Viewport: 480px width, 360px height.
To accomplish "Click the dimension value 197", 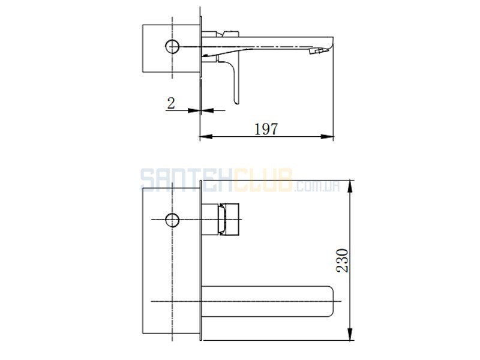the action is pyautogui.click(x=266, y=129).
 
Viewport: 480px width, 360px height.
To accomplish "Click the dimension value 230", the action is pyautogui.click(x=342, y=260).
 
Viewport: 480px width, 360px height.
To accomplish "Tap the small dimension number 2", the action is pyautogui.click(x=171, y=103).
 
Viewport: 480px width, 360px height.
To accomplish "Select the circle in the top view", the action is pyautogui.click(x=172, y=47).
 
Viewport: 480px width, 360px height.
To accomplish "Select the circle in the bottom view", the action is pyautogui.click(x=172, y=220).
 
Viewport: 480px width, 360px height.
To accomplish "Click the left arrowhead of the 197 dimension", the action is pyautogui.click(x=206, y=137).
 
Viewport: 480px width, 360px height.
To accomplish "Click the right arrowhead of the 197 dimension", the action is pyautogui.click(x=327, y=137).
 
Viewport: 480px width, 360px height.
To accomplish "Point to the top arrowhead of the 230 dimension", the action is pyautogui.click(x=350, y=187).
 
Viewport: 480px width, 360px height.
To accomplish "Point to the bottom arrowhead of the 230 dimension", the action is pyautogui.click(x=350, y=334).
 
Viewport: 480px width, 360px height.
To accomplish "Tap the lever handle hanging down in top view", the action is pyautogui.click(x=235, y=80).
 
